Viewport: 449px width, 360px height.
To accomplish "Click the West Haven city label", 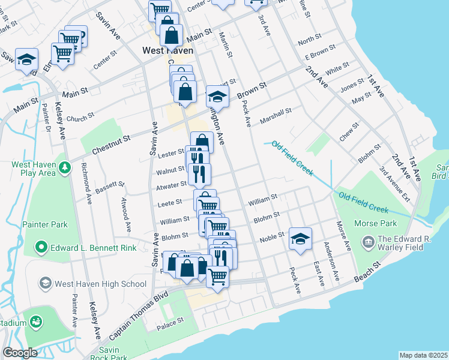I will pyautogui.click(x=167, y=51).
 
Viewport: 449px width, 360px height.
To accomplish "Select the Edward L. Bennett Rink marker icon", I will pyautogui.click(x=41, y=246).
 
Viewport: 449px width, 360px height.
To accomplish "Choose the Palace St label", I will pyautogui.click(x=170, y=322).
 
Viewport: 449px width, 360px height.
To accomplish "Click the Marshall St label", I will pyautogui.click(x=276, y=116).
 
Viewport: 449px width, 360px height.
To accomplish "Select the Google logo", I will pyautogui.click(x=20, y=353).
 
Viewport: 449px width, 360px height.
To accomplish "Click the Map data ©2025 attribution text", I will pyautogui.click(x=423, y=355).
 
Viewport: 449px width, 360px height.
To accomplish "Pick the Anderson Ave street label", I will pyautogui.click(x=331, y=261).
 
